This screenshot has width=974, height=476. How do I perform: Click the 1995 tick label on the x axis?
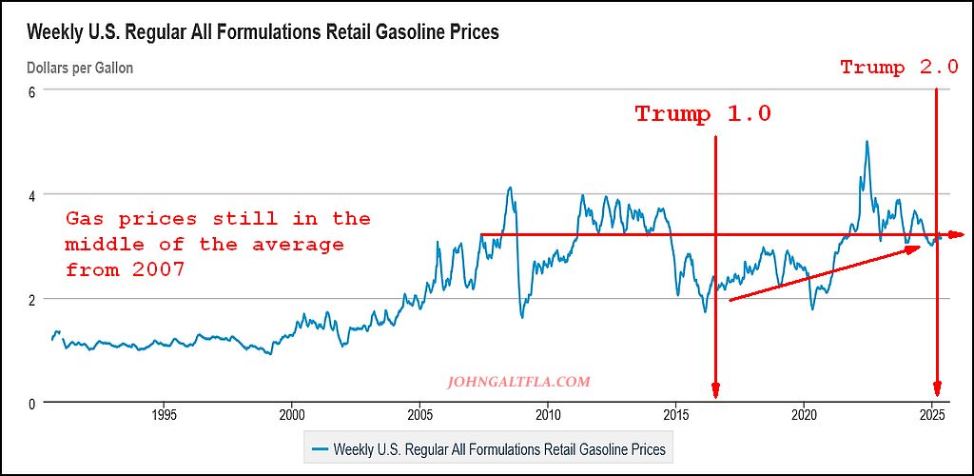click(x=164, y=415)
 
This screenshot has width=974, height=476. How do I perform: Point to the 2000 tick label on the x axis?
click(x=292, y=415)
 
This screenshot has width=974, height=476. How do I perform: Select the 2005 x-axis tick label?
click(x=419, y=415)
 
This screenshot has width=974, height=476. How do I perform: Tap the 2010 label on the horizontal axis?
click(x=548, y=415)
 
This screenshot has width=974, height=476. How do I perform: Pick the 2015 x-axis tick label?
click(x=676, y=415)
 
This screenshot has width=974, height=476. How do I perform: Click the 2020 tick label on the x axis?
click(x=805, y=415)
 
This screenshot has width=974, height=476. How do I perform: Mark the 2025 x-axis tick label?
click(x=933, y=415)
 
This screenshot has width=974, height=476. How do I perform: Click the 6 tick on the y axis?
click(x=31, y=90)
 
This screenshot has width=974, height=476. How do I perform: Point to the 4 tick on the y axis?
click(x=31, y=194)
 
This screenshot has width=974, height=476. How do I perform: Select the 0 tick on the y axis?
click(x=31, y=403)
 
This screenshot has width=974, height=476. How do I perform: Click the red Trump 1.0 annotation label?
click(x=703, y=114)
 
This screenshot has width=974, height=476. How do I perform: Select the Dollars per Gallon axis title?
click(x=80, y=68)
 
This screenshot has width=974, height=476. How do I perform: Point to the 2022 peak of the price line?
click(x=867, y=142)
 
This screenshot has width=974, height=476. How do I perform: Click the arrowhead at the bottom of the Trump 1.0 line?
click(x=715, y=391)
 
